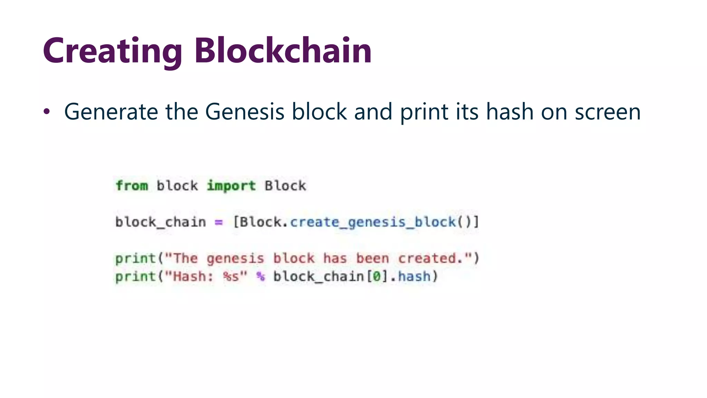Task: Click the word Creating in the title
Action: (112, 51)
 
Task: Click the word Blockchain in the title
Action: (283, 51)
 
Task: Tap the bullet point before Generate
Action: (47, 112)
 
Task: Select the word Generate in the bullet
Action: (112, 112)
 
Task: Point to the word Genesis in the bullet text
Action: (244, 112)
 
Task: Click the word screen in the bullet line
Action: (608, 112)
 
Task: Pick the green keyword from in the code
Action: (132, 186)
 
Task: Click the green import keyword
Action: (231, 186)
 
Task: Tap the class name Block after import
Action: (285, 186)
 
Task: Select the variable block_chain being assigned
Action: (161, 222)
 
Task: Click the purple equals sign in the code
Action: (219, 222)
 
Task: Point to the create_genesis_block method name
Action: (373, 222)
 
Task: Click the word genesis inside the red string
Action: (235, 258)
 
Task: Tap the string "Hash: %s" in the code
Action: (206, 276)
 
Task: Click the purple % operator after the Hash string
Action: (261, 276)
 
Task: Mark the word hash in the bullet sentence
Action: (510, 112)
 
